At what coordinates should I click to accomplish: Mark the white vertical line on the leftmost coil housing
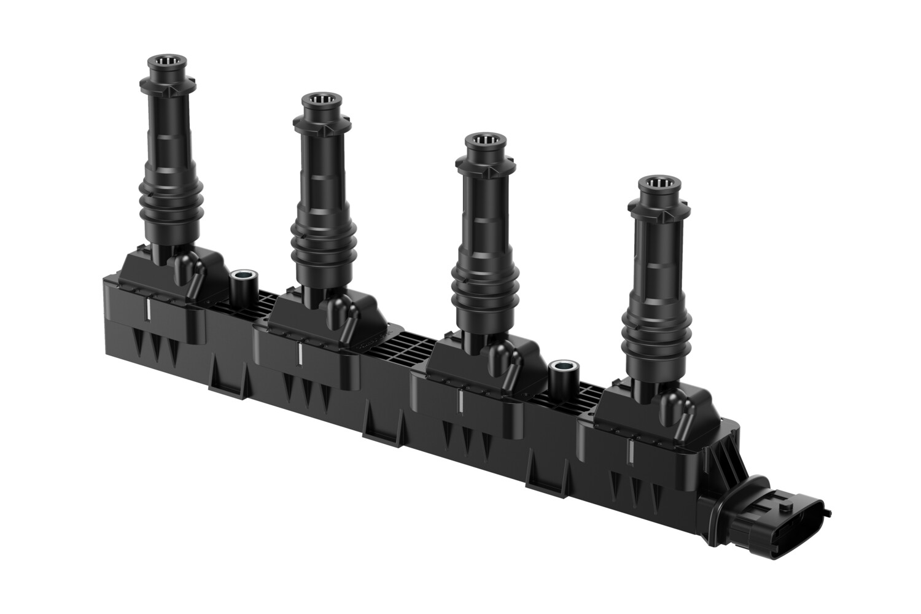point(149,311)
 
